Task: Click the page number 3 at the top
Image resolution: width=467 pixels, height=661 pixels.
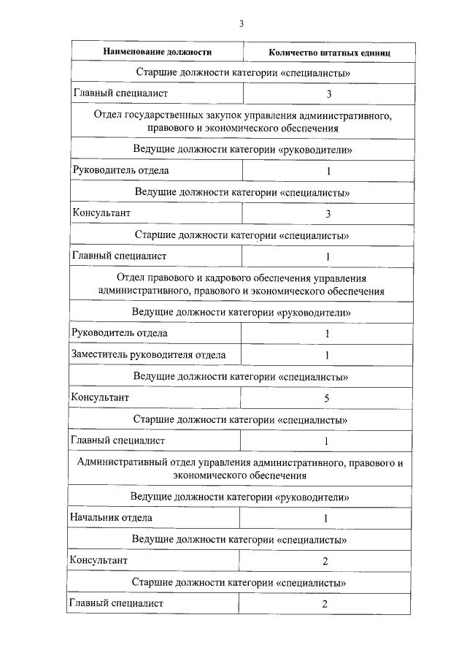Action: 242,23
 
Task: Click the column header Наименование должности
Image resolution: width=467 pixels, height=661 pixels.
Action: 158,53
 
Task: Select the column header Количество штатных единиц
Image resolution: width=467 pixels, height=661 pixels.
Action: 329,53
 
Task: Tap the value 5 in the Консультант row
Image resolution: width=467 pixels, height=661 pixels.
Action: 328,399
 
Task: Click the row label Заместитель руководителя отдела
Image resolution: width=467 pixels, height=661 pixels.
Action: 148,355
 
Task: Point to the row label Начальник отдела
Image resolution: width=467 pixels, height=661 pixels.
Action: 111,518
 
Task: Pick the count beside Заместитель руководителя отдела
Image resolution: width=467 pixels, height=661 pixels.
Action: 328,356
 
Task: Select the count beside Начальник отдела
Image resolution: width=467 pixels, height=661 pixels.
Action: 325,519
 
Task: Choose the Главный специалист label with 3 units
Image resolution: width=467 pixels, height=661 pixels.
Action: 120,93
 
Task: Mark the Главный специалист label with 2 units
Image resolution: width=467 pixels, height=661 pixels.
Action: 116,603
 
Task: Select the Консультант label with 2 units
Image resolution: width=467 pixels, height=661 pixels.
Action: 99,560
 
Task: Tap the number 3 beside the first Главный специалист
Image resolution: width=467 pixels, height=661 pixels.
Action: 329,94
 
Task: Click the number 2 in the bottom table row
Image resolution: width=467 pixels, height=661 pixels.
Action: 325,604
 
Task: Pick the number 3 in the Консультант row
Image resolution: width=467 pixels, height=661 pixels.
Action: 328,214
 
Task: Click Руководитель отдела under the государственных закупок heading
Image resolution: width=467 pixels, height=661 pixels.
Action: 120,170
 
